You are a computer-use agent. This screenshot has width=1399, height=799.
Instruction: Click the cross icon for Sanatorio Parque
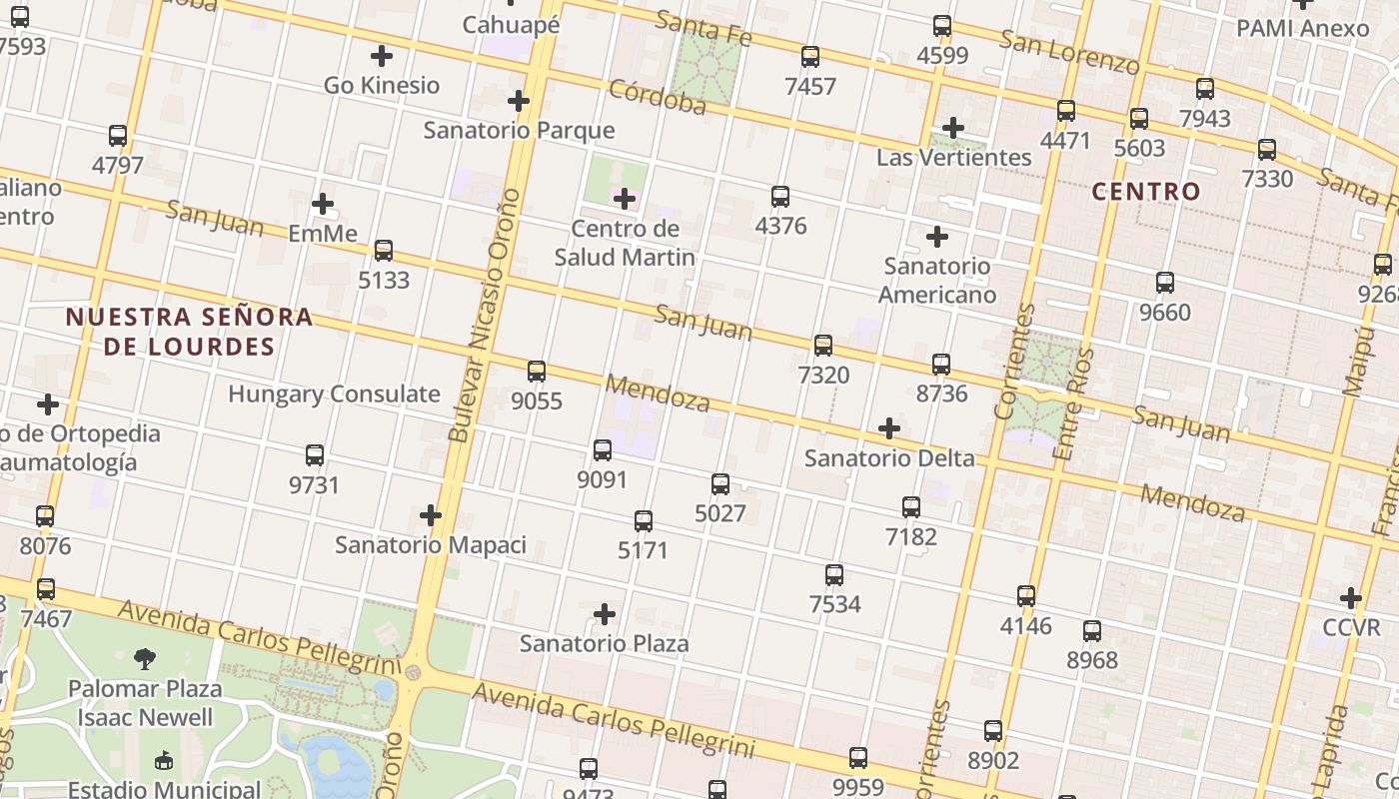518,101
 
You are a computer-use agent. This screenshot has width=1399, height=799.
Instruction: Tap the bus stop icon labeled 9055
537,372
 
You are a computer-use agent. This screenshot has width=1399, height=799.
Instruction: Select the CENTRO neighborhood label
1145,192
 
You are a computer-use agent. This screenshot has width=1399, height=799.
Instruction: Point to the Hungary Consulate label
334,394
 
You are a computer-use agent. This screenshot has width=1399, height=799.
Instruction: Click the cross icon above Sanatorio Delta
888,429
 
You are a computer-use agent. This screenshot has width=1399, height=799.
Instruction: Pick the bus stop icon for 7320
822,346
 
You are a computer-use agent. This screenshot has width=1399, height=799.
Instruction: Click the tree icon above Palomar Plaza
145,658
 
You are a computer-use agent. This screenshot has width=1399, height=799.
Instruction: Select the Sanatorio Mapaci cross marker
430,515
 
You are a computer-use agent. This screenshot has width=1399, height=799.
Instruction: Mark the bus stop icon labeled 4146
1026,596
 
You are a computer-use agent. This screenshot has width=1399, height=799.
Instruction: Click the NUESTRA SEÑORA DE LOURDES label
189,332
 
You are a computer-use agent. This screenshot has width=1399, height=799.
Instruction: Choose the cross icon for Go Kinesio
381,56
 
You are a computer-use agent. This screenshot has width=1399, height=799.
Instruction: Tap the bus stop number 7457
809,86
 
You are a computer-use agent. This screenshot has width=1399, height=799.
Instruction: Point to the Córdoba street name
657,97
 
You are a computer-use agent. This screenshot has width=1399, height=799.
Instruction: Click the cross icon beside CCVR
1351,598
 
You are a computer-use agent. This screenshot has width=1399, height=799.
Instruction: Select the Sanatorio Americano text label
936,281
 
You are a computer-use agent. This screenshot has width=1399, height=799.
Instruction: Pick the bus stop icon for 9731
315,455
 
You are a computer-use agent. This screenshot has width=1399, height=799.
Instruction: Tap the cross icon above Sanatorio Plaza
604,614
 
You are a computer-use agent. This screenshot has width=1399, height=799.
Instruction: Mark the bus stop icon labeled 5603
1138,119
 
